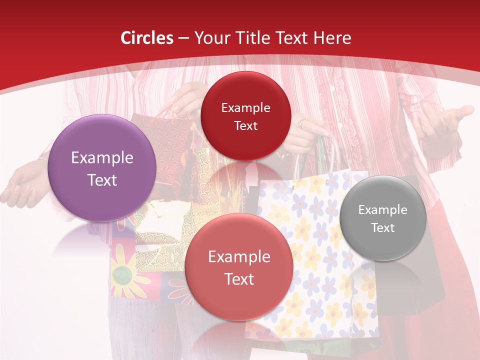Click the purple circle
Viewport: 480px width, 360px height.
(x=102, y=168)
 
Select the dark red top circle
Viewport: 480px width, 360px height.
(x=245, y=116)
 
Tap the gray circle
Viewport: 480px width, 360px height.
(x=382, y=218)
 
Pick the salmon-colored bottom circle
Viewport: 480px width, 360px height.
(x=238, y=267)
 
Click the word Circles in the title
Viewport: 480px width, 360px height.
(x=147, y=38)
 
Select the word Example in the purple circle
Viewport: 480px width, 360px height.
(x=102, y=158)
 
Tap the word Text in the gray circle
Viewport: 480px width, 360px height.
(x=382, y=228)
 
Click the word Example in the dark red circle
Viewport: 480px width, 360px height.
(x=245, y=107)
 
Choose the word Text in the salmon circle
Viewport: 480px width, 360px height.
(x=238, y=278)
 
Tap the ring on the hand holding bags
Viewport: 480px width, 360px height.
(x=301, y=123)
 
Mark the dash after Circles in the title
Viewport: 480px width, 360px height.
(x=183, y=38)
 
